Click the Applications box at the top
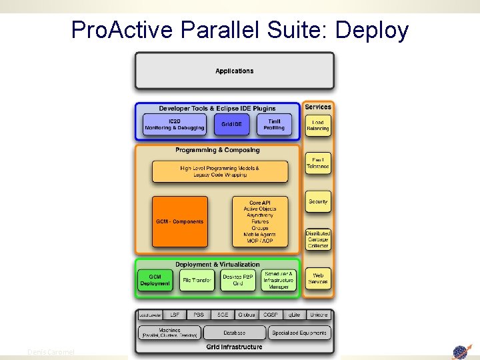(234, 71)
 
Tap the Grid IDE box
(231, 124)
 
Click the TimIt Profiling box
(274, 124)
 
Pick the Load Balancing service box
(318, 125)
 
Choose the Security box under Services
(318, 201)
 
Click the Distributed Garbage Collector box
(318, 239)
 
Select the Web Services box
(318, 278)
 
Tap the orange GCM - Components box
(179, 221)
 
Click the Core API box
(259, 221)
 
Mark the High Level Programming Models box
(220, 171)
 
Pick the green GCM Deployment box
(155, 280)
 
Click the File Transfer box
(197, 280)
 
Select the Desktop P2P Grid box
(237, 280)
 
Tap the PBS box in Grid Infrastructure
(199, 314)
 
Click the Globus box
(246, 314)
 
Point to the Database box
(234, 332)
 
